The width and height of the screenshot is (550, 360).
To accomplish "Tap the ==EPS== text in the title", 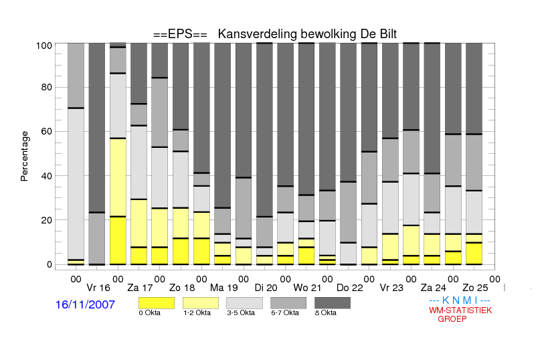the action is (x=180, y=34).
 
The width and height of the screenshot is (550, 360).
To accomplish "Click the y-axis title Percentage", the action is (x=24, y=156).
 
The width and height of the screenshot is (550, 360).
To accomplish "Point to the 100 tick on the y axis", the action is (x=44, y=46).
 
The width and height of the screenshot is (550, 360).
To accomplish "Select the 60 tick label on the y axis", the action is (x=47, y=131).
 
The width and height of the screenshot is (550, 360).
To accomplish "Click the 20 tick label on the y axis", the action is (x=47, y=220).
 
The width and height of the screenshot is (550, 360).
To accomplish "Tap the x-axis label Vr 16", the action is (x=98, y=288).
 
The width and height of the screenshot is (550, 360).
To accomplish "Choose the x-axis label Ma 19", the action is (x=223, y=288).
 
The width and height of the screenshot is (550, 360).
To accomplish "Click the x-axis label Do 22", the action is (x=350, y=288).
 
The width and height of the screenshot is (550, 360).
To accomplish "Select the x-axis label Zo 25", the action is (x=475, y=288).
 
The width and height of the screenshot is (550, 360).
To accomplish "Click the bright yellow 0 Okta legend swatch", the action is (x=157, y=303).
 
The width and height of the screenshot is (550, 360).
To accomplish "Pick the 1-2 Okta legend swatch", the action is (x=201, y=303).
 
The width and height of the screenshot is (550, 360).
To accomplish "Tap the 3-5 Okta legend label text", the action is (x=241, y=312).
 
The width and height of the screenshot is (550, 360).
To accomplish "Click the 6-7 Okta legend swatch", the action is (x=288, y=303).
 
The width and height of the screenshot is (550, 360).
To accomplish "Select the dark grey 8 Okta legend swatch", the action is (x=333, y=303).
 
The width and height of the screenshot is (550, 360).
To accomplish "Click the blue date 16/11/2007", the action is (x=85, y=304).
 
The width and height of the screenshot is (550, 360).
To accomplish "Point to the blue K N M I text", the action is (x=460, y=300).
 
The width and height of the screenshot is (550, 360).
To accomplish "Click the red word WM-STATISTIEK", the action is (x=460, y=310).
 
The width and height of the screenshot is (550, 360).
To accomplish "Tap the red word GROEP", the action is (x=452, y=319).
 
